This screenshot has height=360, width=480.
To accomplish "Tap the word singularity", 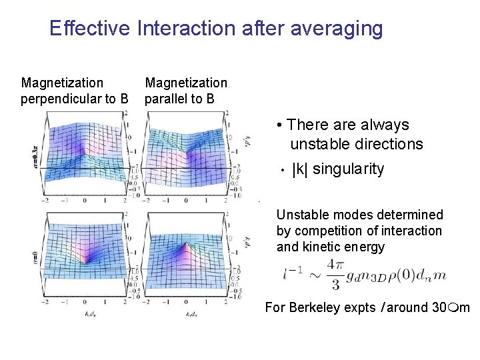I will pyautogui.click(x=348, y=169).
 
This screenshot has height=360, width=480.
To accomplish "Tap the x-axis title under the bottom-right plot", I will pyautogui.click(x=193, y=313).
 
